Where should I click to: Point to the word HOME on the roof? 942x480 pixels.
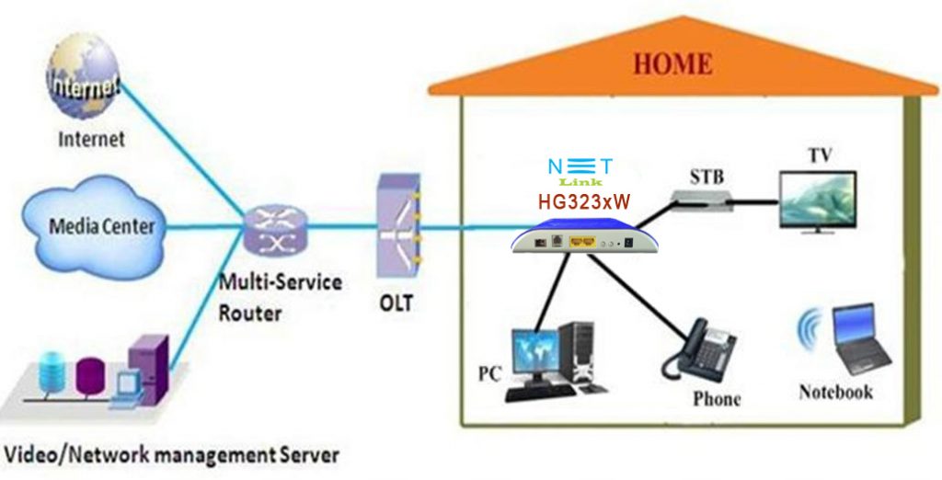(672, 63)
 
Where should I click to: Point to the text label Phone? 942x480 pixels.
(716, 400)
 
